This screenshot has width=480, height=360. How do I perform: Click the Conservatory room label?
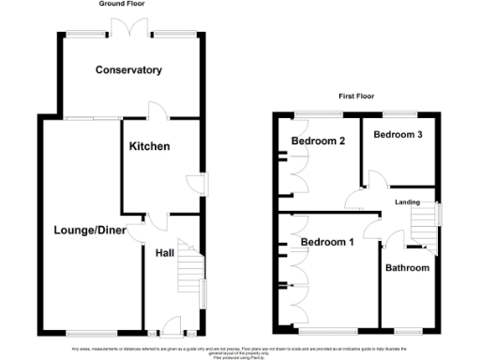tap(128, 70)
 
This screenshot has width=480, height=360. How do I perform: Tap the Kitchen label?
tap(149, 147)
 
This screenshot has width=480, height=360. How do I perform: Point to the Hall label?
tap(164, 253)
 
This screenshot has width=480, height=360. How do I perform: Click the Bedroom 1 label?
tap(327, 243)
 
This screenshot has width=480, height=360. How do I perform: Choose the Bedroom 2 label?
tap(319, 142)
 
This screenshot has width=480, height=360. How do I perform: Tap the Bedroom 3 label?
tap(398, 135)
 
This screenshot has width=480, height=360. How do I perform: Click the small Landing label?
tap(407, 201)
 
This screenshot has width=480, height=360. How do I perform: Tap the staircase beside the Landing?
tap(420, 227)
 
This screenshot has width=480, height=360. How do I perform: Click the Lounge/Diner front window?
tap(90, 334)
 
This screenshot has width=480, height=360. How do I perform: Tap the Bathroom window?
tap(407, 332)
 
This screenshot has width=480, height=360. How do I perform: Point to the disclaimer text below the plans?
tap(240, 352)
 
